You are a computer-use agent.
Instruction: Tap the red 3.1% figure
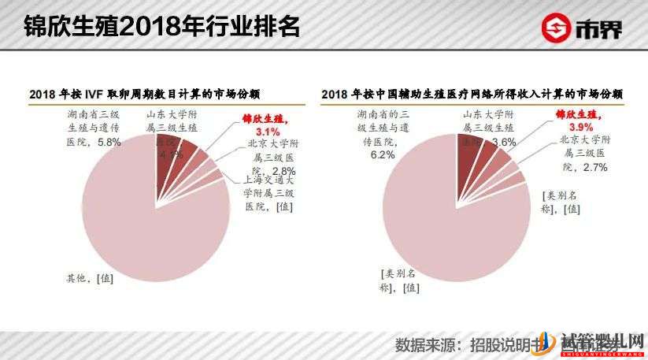(x=268, y=132)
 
